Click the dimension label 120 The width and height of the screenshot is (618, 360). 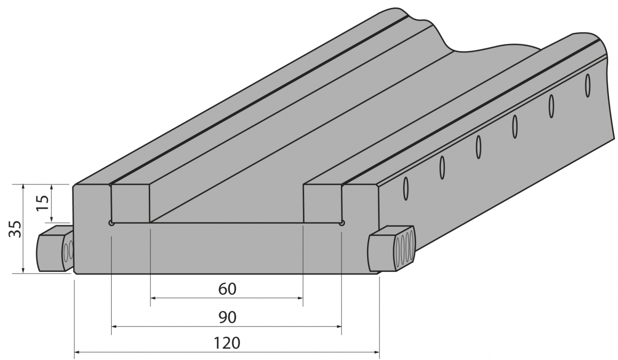tap(227, 343)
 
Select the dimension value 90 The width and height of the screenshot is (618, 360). tap(227, 317)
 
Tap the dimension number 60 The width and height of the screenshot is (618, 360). tap(227, 289)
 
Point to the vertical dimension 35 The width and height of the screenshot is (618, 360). tap(15, 229)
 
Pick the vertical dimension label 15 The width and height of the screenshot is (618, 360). tap(42, 202)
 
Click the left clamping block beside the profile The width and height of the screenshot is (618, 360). tap(55, 249)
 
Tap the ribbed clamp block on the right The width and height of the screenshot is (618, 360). tap(391, 248)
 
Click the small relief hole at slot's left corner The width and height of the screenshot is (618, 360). tap(111, 223)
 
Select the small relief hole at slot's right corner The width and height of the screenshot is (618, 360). tap(342, 223)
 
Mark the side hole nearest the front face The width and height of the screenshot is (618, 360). tap(406, 188)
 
